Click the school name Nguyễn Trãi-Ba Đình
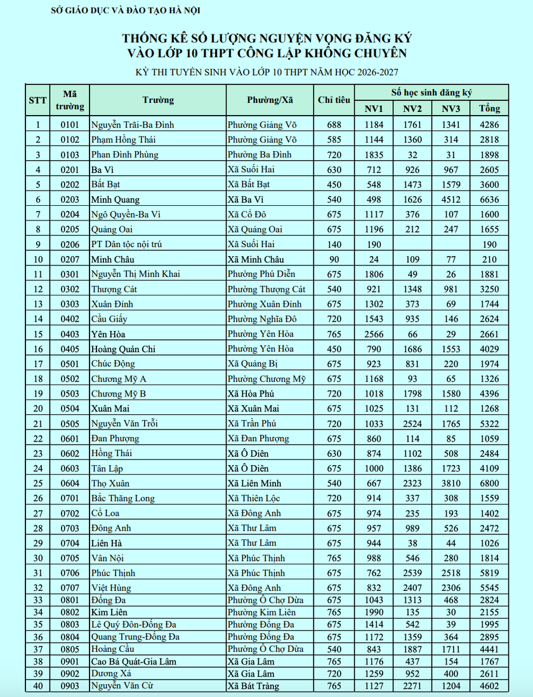pos(132,125)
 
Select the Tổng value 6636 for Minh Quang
pos(489,200)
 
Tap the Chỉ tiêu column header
pos(334,100)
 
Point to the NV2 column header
pos(412,109)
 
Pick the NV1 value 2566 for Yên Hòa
pos(374,334)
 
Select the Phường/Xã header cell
pos(270,100)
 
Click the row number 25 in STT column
pos(37,484)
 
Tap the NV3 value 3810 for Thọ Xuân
pos(451,484)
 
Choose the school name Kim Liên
pos(107,612)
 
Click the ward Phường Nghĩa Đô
pos(262,319)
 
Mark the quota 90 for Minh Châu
pos(334,259)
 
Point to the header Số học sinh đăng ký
pos(431,92)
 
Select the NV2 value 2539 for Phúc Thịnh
pos(412,573)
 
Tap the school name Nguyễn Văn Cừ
pos(122,686)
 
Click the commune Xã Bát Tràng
pos(253,686)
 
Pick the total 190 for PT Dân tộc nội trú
pos(489,245)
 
